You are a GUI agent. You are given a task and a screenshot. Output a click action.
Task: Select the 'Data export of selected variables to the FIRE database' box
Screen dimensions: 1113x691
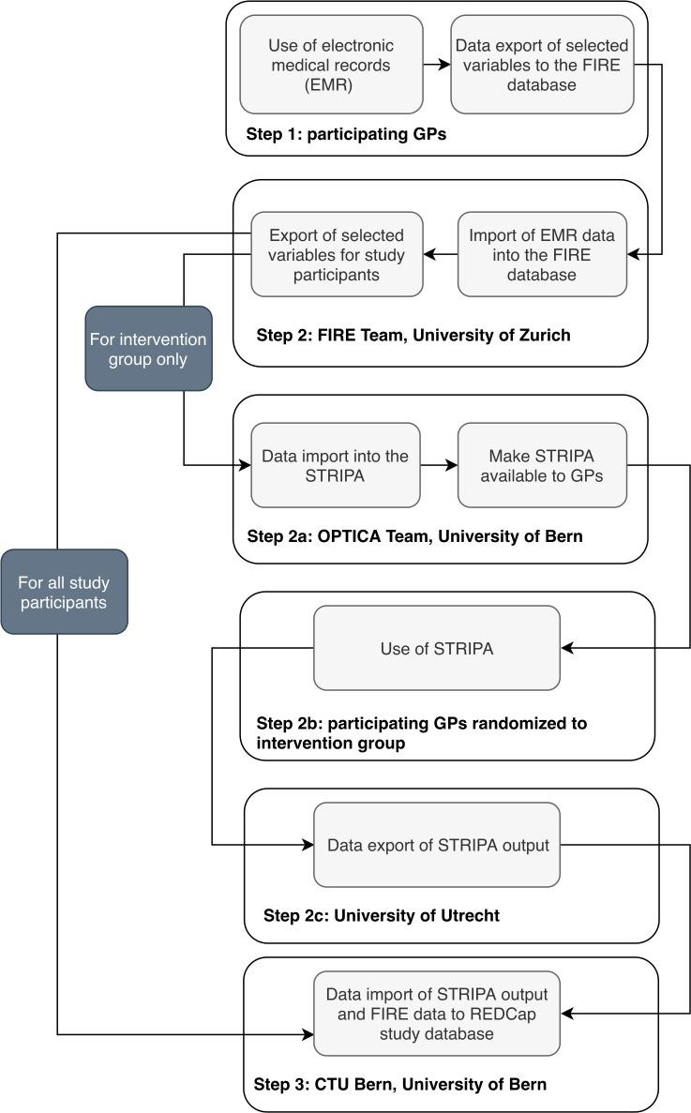542,64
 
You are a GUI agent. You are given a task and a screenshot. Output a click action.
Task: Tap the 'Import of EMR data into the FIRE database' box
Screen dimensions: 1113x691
542,253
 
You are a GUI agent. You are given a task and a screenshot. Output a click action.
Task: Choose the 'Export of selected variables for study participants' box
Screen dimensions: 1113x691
336,253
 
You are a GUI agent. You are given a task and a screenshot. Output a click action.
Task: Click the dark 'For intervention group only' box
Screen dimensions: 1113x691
148,348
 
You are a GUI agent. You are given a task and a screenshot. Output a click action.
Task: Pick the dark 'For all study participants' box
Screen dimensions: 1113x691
64,592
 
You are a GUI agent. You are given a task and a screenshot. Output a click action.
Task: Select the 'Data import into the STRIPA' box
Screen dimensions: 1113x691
336,465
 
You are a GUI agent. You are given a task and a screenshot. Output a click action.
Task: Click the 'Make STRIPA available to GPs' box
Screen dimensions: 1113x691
542,465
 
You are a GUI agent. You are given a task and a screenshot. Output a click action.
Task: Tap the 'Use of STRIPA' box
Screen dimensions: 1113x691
436,648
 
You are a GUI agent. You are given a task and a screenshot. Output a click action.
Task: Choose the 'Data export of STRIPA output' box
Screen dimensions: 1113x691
436,845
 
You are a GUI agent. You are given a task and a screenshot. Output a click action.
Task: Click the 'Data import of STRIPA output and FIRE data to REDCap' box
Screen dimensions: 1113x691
436,1014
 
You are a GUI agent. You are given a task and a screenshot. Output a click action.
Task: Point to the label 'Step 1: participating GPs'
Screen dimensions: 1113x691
346,134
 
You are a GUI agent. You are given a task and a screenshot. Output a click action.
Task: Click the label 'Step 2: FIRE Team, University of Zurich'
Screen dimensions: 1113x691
413,335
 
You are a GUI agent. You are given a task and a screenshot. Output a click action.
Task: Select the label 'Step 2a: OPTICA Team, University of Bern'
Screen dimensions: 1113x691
414,537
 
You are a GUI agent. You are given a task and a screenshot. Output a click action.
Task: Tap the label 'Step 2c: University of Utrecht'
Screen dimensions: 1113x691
382,916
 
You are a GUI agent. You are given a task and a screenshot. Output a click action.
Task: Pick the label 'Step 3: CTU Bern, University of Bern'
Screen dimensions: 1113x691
400,1085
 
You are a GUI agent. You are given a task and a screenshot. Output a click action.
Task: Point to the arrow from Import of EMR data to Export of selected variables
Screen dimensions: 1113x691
440,253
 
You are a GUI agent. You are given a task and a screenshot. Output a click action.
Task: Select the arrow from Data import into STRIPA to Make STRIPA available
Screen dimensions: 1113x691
439,465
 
